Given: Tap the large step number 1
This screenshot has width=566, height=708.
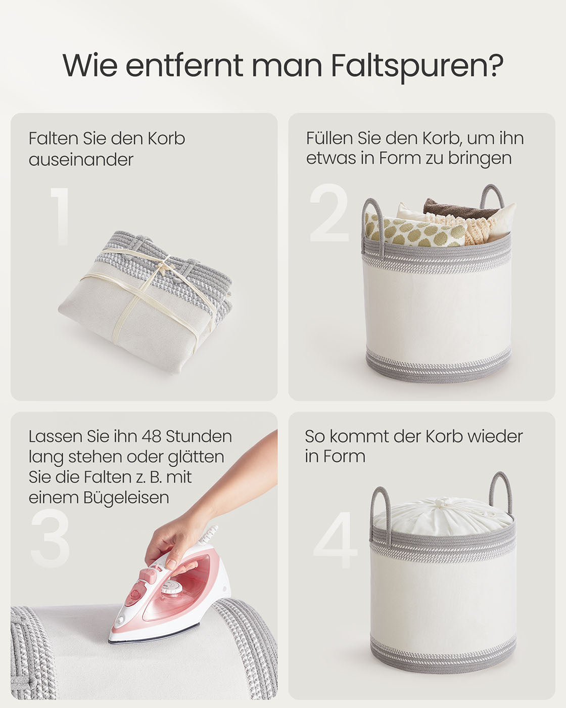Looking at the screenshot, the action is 60,216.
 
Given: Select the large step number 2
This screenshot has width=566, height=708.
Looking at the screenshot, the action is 329,212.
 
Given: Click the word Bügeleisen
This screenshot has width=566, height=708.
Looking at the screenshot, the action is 126,498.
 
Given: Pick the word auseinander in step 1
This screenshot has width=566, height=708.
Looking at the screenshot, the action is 81,160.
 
